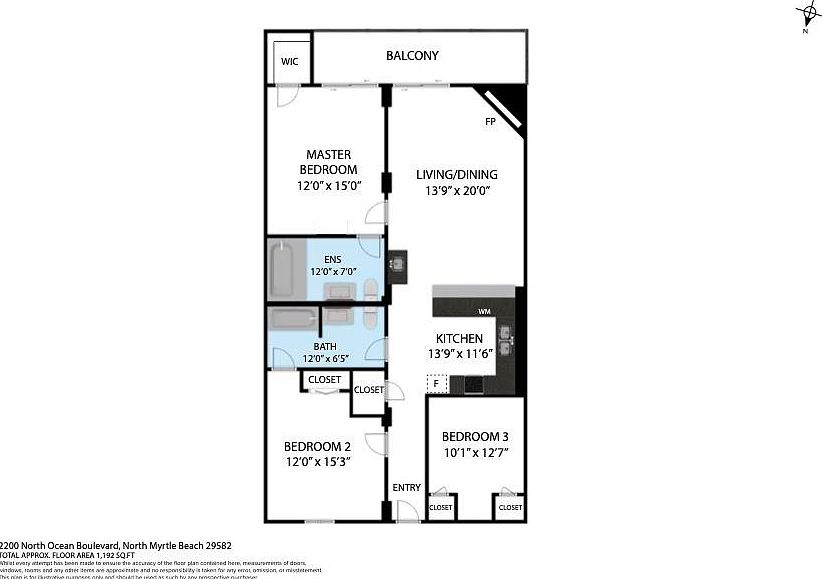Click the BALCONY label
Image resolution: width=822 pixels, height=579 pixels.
412,56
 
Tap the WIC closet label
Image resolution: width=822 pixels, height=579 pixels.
289,61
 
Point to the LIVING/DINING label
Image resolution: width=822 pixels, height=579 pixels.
456,175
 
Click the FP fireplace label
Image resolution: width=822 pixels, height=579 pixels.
490,122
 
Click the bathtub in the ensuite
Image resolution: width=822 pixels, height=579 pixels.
283,267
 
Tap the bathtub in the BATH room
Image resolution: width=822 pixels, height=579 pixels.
291,320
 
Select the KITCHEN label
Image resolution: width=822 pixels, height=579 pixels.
459,339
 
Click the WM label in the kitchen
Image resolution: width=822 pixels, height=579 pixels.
483,311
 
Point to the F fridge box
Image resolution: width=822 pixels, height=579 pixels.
437,382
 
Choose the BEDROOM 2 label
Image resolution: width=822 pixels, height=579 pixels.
317,446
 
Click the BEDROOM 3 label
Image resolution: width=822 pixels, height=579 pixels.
475,437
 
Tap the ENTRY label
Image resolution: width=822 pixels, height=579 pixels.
406,487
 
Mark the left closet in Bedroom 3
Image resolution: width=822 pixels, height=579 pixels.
440,507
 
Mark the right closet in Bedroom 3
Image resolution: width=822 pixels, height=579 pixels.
509,507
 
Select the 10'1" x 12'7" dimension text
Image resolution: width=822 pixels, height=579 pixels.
475,453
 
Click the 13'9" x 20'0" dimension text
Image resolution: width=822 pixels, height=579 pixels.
456,190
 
